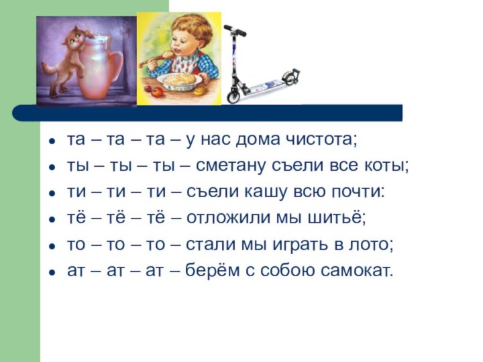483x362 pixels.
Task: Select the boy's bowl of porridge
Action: [x=180, y=81]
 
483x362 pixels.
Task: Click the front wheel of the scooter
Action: [x=233, y=95]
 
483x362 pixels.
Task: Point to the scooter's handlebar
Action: [x=234, y=30]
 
